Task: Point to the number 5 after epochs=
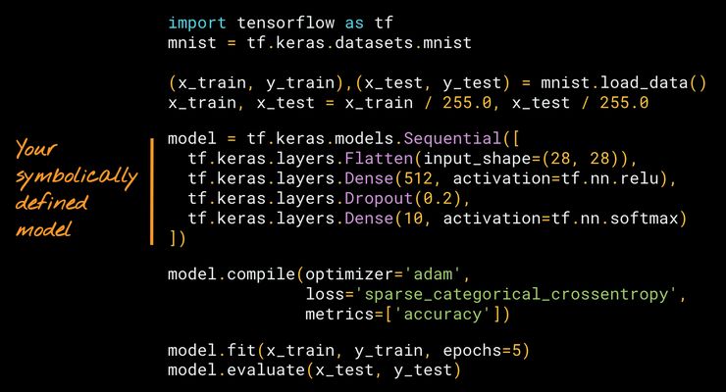click(524, 350)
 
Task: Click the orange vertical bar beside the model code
click(152, 191)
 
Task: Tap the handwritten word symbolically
click(74, 176)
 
